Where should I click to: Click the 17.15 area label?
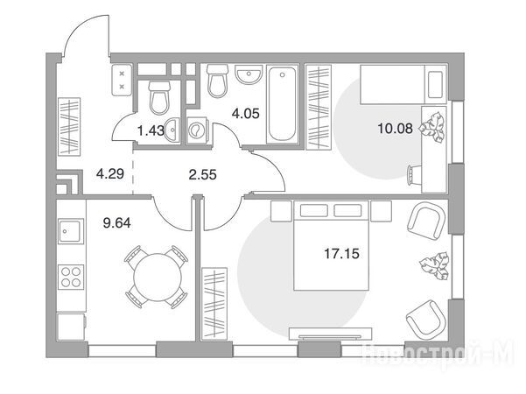(341, 254)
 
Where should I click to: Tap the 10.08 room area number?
(396, 128)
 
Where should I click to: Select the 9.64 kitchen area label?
(116, 223)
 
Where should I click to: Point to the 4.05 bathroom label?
(246, 114)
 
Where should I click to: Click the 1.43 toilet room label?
(151, 130)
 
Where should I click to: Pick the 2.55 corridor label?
(203, 175)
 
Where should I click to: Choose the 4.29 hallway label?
(110, 174)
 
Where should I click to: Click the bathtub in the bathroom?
(282, 104)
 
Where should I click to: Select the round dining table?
(158, 278)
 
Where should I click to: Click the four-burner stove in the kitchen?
(71, 277)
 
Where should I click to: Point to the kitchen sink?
(70, 231)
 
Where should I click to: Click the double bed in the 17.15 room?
(331, 245)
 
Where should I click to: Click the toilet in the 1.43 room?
(159, 98)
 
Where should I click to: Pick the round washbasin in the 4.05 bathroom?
(249, 74)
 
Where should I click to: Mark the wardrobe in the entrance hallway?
(69, 127)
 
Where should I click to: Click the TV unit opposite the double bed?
(331, 334)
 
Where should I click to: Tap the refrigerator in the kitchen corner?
(71, 327)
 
